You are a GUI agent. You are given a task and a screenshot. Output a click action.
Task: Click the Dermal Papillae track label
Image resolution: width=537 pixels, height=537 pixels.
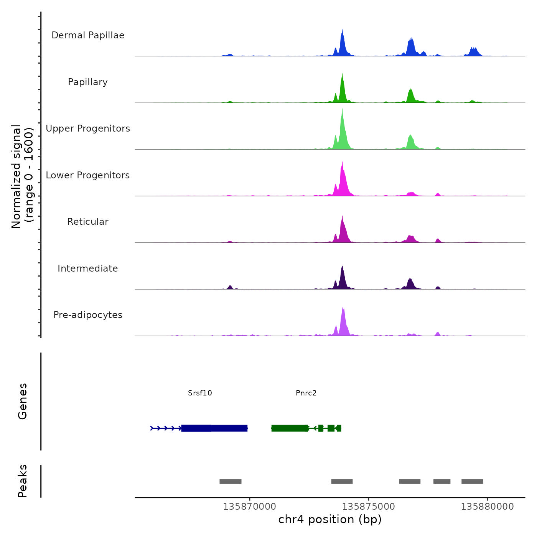click(x=88, y=35)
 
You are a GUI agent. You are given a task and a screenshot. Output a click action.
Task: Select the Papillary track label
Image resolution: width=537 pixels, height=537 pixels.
click(x=88, y=82)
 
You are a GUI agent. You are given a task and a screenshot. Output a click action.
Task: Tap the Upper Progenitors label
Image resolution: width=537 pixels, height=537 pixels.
click(x=88, y=128)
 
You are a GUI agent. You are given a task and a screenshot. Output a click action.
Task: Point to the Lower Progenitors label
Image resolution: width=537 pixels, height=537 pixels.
click(x=88, y=175)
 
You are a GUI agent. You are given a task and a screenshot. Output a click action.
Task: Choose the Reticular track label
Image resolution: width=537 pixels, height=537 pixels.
click(x=88, y=222)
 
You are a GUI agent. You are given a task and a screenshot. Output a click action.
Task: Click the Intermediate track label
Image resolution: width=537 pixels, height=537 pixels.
click(x=88, y=268)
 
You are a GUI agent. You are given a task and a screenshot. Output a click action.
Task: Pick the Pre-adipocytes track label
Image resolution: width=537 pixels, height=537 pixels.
click(x=88, y=315)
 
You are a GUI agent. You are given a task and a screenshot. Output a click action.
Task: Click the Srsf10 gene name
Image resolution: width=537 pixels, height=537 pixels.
click(x=200, y=393)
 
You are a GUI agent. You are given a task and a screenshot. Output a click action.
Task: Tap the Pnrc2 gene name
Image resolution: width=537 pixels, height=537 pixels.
click(x=306, y=393)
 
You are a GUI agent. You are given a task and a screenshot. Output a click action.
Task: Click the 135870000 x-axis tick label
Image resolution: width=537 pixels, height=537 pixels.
click(x=250, y=507)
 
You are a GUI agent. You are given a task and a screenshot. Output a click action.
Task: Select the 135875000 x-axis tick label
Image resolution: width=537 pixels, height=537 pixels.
click(x=369, y=507)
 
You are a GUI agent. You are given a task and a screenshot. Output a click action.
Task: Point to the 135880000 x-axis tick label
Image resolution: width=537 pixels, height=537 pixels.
click(x=488, y=507)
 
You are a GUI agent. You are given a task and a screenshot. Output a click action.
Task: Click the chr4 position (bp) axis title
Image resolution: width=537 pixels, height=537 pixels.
click(x=330, y=519)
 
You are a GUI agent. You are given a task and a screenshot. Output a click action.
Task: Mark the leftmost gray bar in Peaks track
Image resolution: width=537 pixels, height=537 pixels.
click(x=231, y=481)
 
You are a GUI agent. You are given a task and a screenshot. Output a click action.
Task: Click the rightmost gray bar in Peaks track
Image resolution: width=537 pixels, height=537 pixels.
click(x=472, y=481)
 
